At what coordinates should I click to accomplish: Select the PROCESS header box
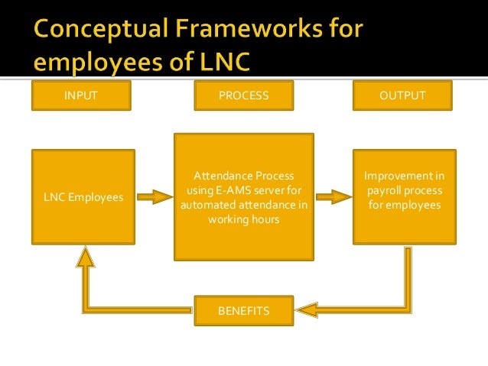coord(243,96)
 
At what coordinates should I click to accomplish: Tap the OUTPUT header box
coord(402,96)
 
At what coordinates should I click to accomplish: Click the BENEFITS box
coord(243,311)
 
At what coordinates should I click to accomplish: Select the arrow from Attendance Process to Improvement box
coord(333,197)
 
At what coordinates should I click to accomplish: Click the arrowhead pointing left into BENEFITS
coord(305,310)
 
